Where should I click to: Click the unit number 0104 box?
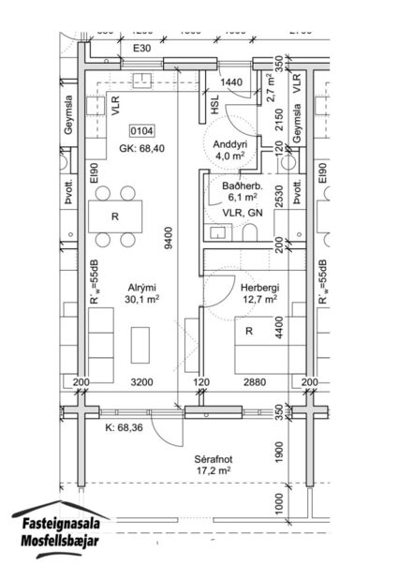(142, 131)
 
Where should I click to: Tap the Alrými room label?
(141, 287)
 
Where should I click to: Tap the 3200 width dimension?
(140, 384)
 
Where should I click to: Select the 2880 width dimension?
(254, 384)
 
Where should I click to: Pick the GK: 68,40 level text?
(142, 148)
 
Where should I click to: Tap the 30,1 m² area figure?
(141, 300)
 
